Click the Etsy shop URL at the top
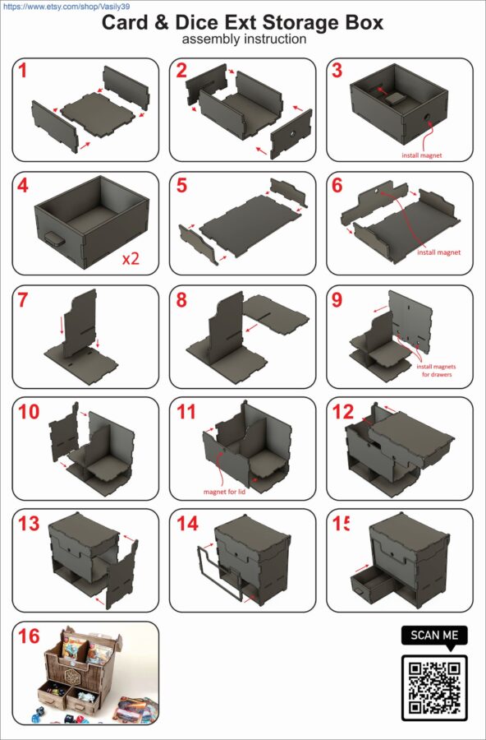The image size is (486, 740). point(66,7)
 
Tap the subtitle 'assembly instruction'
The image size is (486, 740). point(244,39)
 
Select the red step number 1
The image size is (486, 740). point(23,71)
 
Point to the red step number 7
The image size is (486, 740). point(23,299)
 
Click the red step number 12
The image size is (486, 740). point(342,412)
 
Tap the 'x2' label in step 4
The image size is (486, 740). point(131,259)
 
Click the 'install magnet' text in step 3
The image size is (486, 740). point(422,155)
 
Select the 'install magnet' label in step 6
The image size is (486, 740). point(439,252)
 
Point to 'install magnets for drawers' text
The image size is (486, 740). point(437,371)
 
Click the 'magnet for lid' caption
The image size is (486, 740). point(224,492)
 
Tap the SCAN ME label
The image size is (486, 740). point(434,636)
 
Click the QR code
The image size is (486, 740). point(434,687)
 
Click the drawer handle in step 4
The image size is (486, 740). point(55,239)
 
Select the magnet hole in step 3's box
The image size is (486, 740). point(427,116)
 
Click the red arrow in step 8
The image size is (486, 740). point(252,327)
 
